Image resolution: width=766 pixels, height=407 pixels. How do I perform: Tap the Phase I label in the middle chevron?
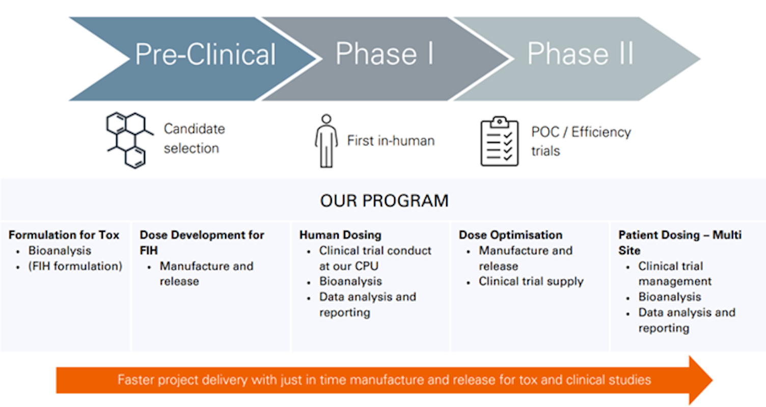tap(385, 53)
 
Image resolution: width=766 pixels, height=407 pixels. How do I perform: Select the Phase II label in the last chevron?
tap(580, 53)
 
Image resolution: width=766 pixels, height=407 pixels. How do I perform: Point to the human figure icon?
tap(326, 141)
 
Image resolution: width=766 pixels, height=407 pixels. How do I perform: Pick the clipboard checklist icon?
tap(500, 141)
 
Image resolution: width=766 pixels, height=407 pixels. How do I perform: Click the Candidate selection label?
tap(194, 138)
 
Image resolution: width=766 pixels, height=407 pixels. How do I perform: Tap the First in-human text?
tap(391, 141)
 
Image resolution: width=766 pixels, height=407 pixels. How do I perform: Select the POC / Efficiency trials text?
tap(581, 141)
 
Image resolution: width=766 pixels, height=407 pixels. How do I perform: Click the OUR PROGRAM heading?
tap(384, 201)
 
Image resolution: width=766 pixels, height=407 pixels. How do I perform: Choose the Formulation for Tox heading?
tap(64, 235)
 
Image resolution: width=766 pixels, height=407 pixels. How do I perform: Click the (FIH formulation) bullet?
tap(75, 266)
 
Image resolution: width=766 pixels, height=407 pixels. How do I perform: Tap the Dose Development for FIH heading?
tap(202, 242)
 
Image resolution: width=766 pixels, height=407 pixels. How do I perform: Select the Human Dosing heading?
tap(340, 235)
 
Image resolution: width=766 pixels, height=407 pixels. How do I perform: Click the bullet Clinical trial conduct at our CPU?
tap(375, 258)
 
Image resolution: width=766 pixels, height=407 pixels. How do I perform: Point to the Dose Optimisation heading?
tap(510, 235)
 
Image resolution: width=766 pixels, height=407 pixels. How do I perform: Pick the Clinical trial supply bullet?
tap(531, 281)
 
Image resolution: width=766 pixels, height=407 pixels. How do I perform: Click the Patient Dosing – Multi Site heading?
tap(679, 242)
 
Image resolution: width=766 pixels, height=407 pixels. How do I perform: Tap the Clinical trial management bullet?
tap(675, 274)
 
